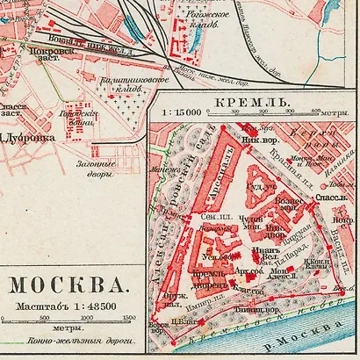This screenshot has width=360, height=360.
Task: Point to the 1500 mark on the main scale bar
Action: (x=129, y=318)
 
